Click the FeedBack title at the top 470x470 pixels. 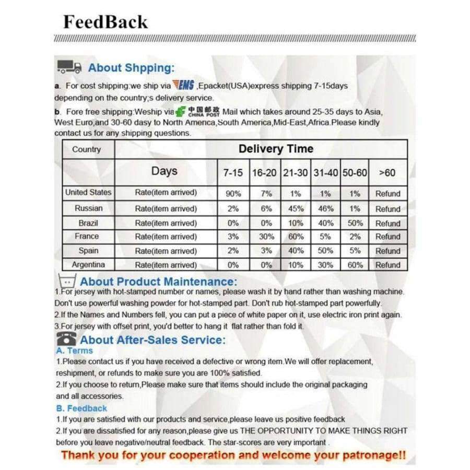105,22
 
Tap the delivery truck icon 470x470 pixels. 69,67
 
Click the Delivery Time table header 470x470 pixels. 276,149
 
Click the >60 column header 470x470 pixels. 387,172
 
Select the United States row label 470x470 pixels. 88,192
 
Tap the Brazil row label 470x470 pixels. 88,222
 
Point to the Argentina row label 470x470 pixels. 88,264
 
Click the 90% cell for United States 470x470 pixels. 233,193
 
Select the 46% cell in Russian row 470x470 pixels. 325,208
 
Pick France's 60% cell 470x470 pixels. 296,237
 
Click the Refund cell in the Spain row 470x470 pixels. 387,251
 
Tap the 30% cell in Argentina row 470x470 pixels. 325,265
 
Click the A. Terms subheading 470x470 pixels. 74,350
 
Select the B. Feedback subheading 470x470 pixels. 81,408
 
